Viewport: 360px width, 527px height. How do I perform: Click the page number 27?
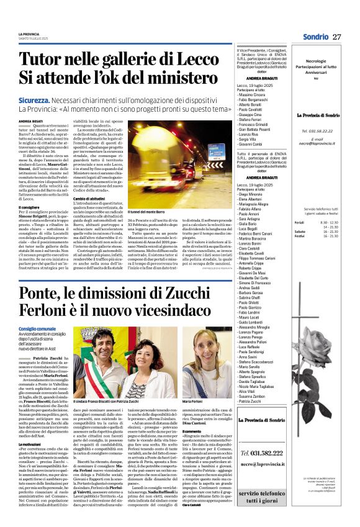click(337, 37)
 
